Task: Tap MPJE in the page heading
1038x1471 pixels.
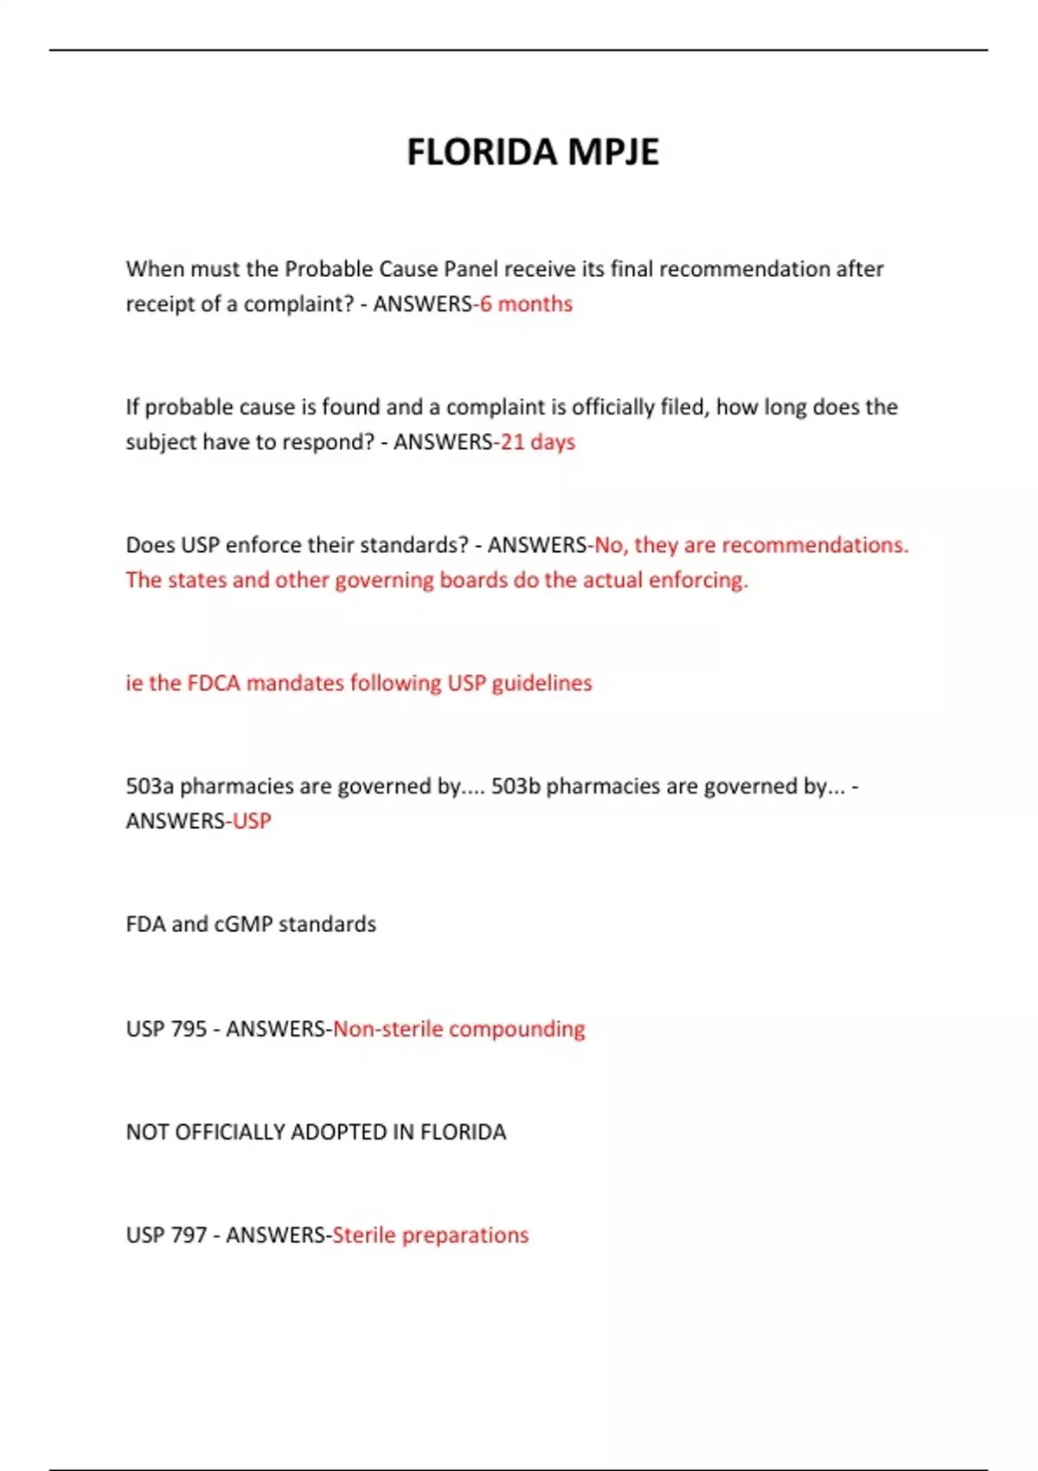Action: click(x=613, y=152)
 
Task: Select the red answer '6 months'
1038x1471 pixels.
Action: click(x=526, y=304)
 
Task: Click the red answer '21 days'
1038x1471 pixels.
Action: click(x=537, y=442)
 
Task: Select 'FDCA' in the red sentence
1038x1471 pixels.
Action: click(x=214, y=683)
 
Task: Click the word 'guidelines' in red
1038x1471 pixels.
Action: click(x=541, y=683)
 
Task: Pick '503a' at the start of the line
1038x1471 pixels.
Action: click(x=150, y=786)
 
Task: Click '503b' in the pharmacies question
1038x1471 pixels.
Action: click(x=516, y=786)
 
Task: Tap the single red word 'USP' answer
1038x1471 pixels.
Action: click(x=252, y=820)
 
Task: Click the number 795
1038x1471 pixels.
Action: click(x=189, y=1029)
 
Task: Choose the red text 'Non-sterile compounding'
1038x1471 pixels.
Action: click(x=458, y=1029)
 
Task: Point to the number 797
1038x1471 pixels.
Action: click(x=189, y=1235)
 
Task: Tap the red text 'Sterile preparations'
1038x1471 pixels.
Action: click(x=430, y=1235)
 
